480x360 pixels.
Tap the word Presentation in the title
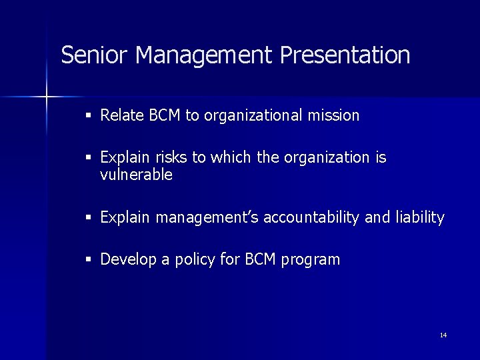tap(345, 55)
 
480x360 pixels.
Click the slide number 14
tap(443, 335)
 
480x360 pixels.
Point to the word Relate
tap(122, 115)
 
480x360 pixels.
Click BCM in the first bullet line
tap(165, 115)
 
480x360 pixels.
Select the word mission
tap(333, 115)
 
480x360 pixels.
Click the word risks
tap(171, 158)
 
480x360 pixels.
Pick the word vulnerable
tap(136, 175)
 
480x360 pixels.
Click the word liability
tap(419, 217)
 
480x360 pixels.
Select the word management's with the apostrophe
tap(208, 217)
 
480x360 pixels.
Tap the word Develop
tap(129, 260)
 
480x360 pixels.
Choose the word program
tap(311, 260)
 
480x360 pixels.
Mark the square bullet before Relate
tap(89, 116)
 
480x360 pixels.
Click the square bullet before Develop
tap(89, 260)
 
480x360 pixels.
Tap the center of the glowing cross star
tap(47, 97)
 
